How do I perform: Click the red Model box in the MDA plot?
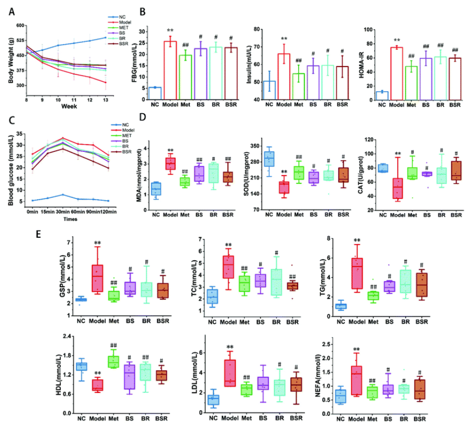(170, 163)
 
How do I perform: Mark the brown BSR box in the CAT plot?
(442, 171)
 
